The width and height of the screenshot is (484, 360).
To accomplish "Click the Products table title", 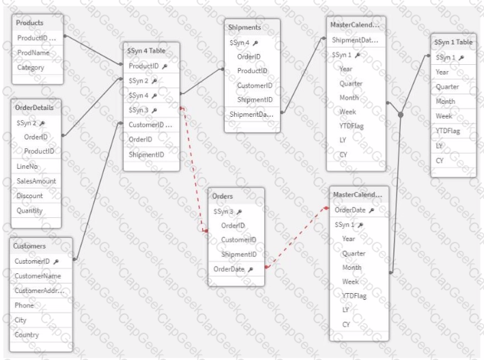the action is click(x=29, y=23).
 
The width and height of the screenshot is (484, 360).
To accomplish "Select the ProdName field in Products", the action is click(x=33, y=53).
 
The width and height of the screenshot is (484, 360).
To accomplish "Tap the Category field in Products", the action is click(x=31, y=68).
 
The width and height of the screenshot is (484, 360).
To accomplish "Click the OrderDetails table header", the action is click(x=34, y=107).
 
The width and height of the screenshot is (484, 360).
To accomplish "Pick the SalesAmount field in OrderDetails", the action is click(x=36, y=181).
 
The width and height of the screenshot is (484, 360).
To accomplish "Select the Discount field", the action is click(x=29, y=196).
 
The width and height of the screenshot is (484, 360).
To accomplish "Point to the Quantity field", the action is click(x=29, y=211).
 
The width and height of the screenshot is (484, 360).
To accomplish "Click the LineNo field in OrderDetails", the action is click(x=27, y=167).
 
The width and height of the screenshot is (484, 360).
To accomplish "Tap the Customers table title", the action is click(x=29, y=246).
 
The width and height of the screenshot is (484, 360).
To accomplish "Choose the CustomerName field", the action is click(x=38, y=276).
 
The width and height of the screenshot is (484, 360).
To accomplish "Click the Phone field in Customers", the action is click(x=24, y=305).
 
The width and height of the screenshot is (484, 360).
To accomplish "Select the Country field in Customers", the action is click(x=27, y=335).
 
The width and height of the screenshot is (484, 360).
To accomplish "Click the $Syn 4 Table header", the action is click(x=146, y=51).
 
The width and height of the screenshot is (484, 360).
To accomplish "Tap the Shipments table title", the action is click(x=244, y=27).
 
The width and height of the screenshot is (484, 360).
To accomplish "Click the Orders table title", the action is click(x=223, y=196).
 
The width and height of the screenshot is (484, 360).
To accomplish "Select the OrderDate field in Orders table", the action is click(x=229, y=269).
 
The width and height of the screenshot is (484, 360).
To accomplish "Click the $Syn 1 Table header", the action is click(x=453, y=42).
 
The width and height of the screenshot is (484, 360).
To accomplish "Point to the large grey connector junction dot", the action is click(x=401, y=115).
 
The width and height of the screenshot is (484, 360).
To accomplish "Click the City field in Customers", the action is click(x=20, y=320).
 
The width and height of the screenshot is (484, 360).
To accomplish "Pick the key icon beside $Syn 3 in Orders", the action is click(x=239, y=212).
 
